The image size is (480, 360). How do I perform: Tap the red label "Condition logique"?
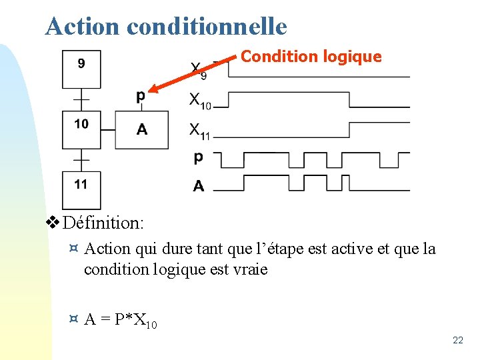point(311,57)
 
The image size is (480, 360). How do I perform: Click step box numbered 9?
point(81,69)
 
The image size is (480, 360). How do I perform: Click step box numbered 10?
point(81,129)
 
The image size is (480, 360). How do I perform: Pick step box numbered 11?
point(81,189)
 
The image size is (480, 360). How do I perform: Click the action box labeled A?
point(141,129)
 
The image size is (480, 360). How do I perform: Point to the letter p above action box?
point(140,97)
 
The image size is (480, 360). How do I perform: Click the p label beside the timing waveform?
point(198,158)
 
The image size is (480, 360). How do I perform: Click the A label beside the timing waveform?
point(199,186)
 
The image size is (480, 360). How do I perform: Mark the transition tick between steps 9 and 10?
point(81,99)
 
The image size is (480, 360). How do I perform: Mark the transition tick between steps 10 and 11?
point(81,160)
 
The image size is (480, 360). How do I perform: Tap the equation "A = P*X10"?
point(121,321)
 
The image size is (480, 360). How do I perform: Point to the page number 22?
point(457,341)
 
